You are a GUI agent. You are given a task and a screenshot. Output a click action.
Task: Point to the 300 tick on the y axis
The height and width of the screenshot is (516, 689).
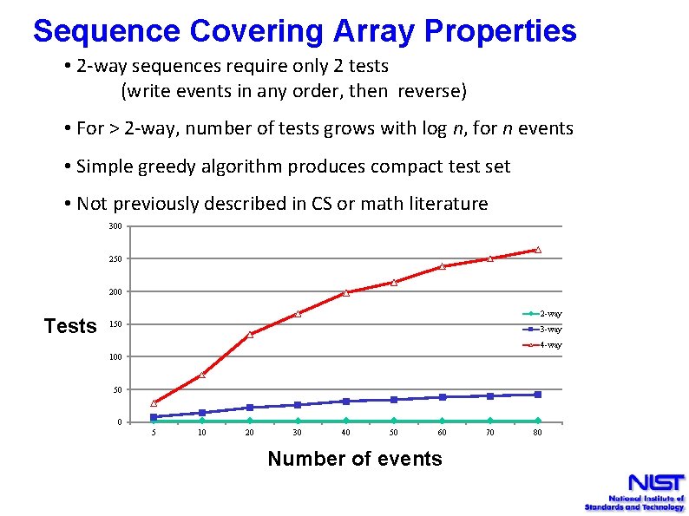[115, 226]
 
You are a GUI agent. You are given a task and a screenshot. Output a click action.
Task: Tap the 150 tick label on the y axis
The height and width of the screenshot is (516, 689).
[115, 325]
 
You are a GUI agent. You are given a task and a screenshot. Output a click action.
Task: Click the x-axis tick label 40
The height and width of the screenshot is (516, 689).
[345, 433]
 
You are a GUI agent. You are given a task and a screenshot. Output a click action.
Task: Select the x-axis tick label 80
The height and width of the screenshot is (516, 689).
[537, 433]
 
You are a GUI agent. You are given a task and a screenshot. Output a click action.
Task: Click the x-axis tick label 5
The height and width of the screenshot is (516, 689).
[154, 433]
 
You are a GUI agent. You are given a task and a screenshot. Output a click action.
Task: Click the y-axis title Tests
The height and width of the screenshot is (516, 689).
[70, 326]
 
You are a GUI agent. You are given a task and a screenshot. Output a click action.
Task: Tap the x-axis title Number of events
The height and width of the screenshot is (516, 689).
[355, 459]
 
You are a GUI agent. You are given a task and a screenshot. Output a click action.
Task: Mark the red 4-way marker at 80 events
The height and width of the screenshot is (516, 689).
[538, 250]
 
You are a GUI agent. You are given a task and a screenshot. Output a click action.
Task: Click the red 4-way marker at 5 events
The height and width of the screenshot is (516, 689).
[154, 402]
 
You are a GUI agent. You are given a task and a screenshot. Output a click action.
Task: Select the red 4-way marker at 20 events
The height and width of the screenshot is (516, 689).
[250, 334]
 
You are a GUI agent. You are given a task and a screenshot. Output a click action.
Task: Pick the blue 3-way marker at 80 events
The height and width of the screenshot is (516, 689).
[538, 395]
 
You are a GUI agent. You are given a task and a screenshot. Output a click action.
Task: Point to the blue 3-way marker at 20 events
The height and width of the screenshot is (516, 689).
[250, 407]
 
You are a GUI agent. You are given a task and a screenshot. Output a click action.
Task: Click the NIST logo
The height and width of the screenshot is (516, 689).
[634, 492]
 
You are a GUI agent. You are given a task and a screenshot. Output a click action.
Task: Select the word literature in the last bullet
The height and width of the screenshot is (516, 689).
[445, 204]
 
